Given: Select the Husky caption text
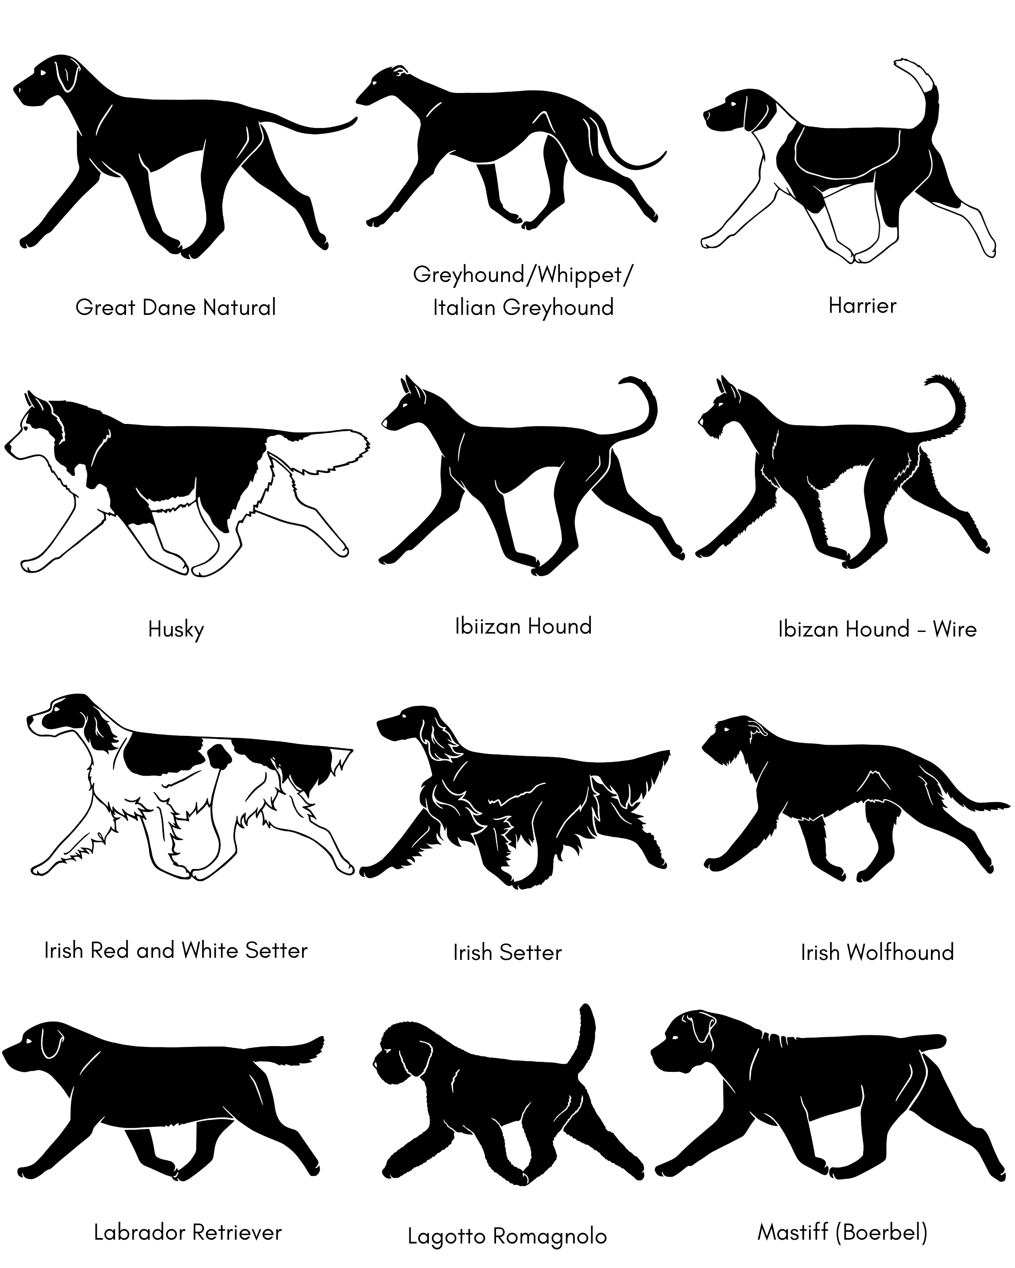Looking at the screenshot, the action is pos(176,629).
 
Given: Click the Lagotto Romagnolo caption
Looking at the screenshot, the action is pos(507,1235).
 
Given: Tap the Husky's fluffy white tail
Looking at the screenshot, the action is pos(326,450).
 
